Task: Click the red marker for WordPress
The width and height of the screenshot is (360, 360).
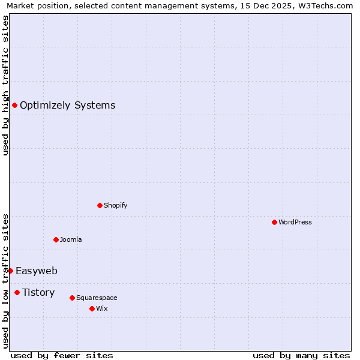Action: pyautogui.click(x=274, y=222)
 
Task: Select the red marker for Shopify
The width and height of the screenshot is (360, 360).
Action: pyautogui.click(x=100, y=205)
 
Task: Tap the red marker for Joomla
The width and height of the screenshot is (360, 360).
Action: pyautogui.click(x=56, y=239)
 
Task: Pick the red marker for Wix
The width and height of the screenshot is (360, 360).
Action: pyautogui.click(x=92, y=308)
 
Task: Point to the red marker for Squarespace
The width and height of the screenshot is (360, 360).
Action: pyautogui.click(x=72, y=298)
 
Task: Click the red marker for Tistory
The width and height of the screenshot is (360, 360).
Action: pyautogui.click(x=17, y=292)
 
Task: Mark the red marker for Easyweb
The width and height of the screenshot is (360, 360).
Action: pyautogui.click(x=10, y=271)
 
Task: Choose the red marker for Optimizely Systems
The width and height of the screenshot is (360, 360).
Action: pyautogui.click(x=14, y=106)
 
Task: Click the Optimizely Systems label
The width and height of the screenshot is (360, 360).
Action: pyautogui.click(x=67, y=106)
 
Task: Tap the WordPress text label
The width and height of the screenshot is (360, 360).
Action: pyautogui.click(x=295, y=222)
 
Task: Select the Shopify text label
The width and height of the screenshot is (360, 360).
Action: pyautogui.click(x=115, y=205)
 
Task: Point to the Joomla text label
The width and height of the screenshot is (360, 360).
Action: pyautogui.click(x=71, y=239)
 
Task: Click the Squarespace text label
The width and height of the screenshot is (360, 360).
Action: pyautogui.click(x=97, y=298)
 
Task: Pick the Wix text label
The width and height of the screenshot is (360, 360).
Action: pyautogui.click(x=101, y=308)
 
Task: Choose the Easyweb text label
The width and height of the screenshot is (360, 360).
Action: pyautogui.click(x=37, y=271)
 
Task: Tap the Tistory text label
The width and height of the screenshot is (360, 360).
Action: pyautogui.click(x=38, y=292)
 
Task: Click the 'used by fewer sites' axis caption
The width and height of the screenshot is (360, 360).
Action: pyautogui.click(x=62, y=355)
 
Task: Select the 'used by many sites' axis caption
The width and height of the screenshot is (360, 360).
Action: pyautogui.click(x=301, y=355)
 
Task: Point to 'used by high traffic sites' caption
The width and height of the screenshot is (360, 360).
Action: pyautogui.click(x=5, y=85)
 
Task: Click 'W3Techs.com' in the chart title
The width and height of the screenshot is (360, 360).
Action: pyautogui.click(x=326, y=6)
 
